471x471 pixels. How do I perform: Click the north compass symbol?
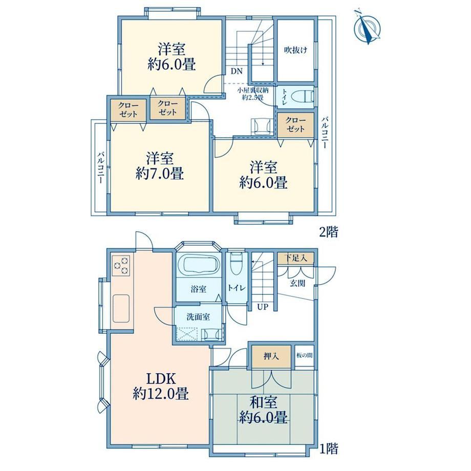[x=367, y=27]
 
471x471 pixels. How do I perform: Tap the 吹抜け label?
[x=295, y=50]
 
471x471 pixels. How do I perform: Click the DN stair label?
[x=237, y=72]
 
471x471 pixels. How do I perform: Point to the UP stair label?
[x=263, y=307]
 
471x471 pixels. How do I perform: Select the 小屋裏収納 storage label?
[x=253, y=90]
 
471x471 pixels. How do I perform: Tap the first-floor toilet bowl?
[x=237, y=263]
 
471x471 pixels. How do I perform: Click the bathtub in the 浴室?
[x=199, y=264]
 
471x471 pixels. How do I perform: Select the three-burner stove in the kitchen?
[x=121, y=266]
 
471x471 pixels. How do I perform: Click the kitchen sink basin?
[x=121, y=308]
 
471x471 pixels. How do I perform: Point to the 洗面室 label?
[x=198, y=316]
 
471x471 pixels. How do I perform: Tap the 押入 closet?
[x=271, y=356]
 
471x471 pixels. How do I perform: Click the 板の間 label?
[x=305, y=355]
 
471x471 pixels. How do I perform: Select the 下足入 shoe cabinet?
[x=296, y=258]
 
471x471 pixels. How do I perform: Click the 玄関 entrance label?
[x=297, y=283]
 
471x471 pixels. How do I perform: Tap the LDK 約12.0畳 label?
[x=160, y=386]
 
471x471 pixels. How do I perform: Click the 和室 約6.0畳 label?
[x=264, y=410]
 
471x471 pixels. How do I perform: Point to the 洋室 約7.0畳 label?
[x=160, y=166]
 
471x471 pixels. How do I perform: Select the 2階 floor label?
[x=328, y=232]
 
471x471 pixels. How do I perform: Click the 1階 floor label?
[x=328, y=449]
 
